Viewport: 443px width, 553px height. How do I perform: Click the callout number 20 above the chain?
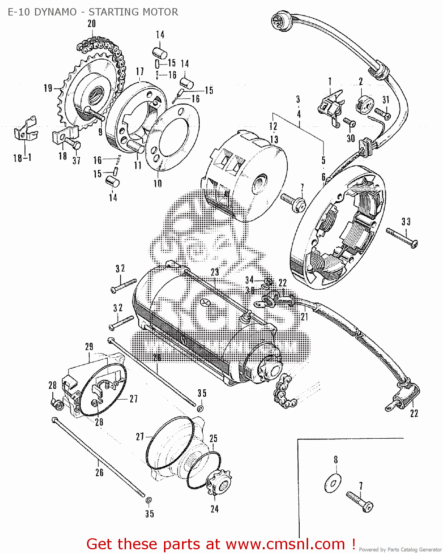[x=92, y=24]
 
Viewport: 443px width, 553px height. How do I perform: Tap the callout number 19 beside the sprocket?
[x=48, y=88]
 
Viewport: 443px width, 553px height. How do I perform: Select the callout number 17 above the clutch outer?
[x=140, y=72]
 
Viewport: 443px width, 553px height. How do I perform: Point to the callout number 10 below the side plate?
[x=158, y=184]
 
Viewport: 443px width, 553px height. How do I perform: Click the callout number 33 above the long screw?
[x=406, y=222]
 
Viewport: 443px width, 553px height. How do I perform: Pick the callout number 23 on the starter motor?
[x=215, y=272]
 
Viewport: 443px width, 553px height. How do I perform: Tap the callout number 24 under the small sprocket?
[x=215, y=509]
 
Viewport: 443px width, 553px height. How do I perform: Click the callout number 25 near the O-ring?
[x=214, y=439]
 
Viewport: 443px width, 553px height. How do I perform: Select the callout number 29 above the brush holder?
[x=89, y=347]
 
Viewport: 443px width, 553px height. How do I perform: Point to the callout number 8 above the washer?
[x=336, y=460]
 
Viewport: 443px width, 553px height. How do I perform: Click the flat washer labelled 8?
[x=333, y=483]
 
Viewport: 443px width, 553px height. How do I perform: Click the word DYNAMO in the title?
[x=55, y=12]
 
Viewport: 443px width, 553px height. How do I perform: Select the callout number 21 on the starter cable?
[x=304, y=316]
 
